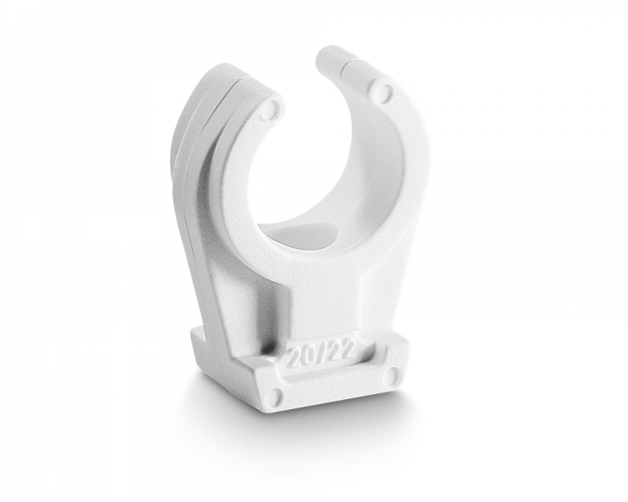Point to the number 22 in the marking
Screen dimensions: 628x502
343,350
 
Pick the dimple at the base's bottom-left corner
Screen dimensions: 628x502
276,395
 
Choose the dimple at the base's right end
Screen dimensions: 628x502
396,374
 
